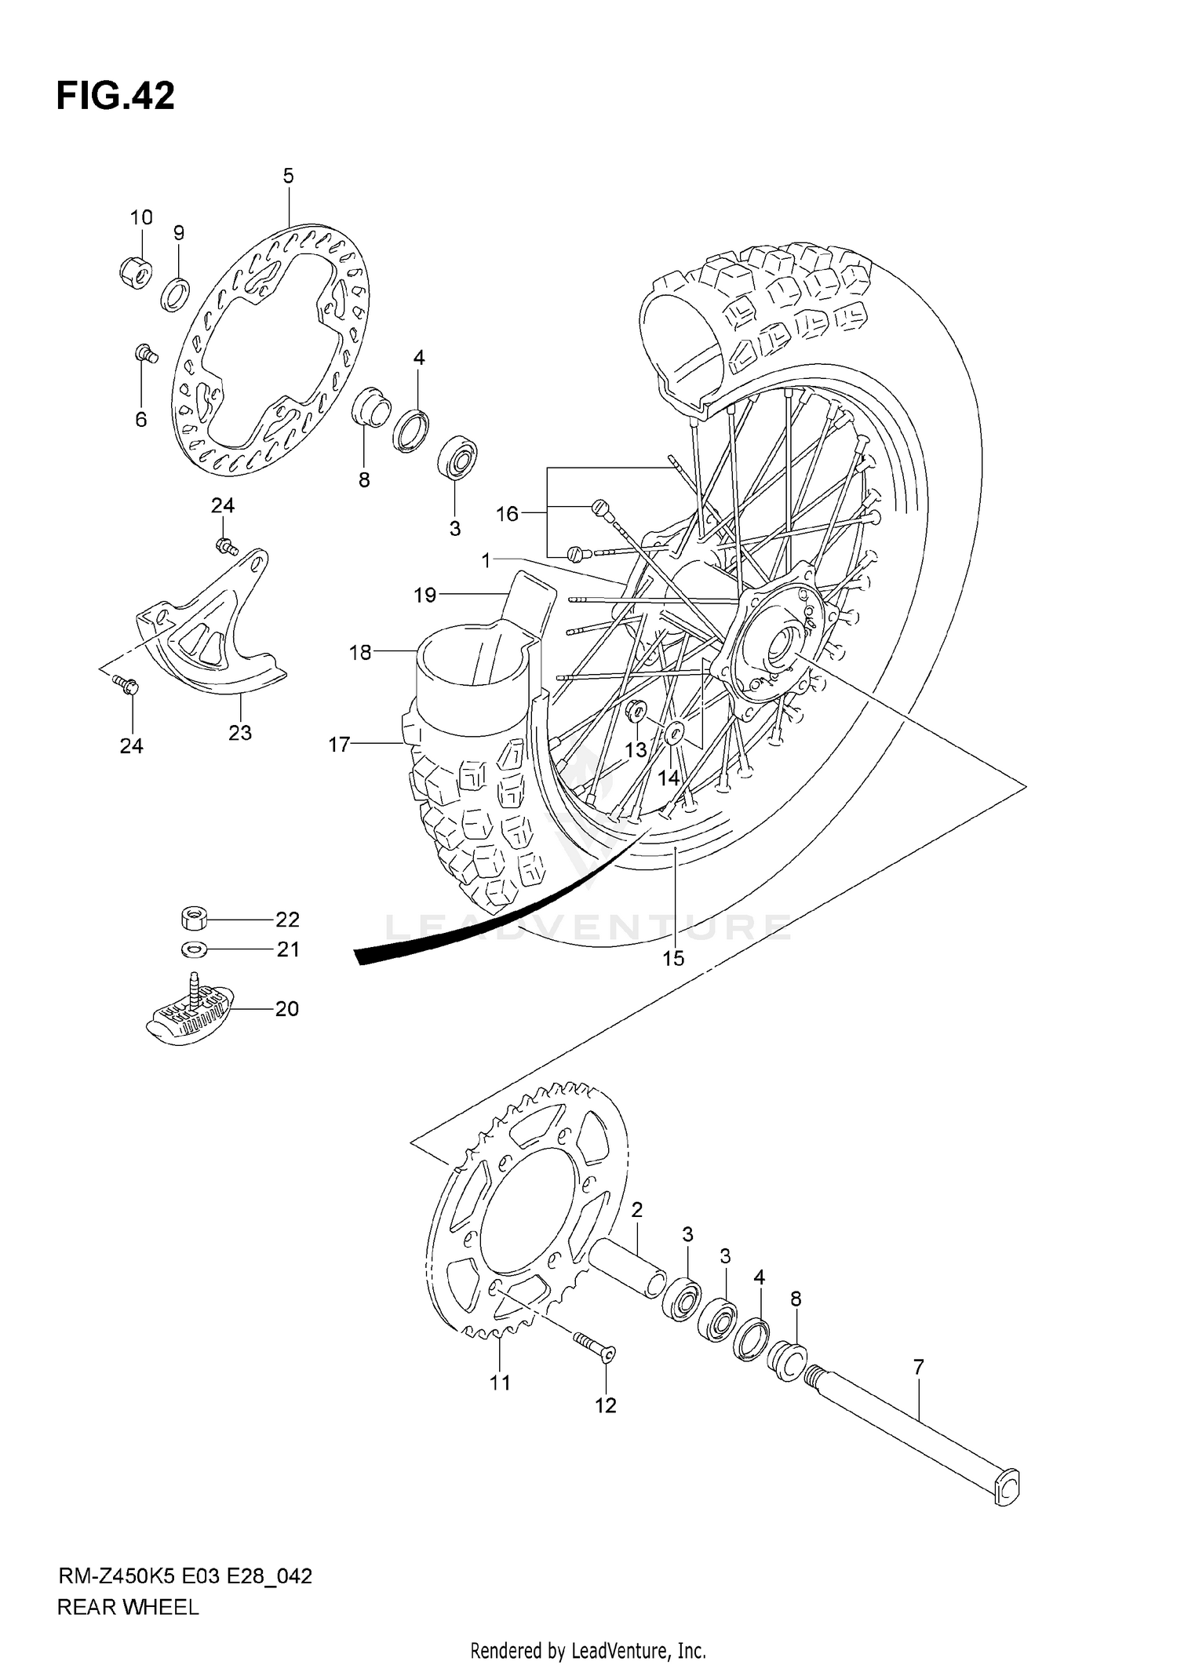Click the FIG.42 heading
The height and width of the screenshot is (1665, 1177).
pos(115,96)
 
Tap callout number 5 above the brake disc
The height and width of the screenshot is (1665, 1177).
pos(288,176)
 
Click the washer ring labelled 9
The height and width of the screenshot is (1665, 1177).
pos(176,294)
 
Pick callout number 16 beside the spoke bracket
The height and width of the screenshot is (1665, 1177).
pos(507,514)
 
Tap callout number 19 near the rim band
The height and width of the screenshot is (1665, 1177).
pos(425,596)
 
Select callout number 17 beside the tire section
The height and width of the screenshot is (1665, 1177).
pos(339,744)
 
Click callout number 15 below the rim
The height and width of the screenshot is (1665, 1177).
pos(673,958)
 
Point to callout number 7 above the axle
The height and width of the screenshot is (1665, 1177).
pos(919,1368)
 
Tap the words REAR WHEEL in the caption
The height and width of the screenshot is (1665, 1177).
pos(128,1607)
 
